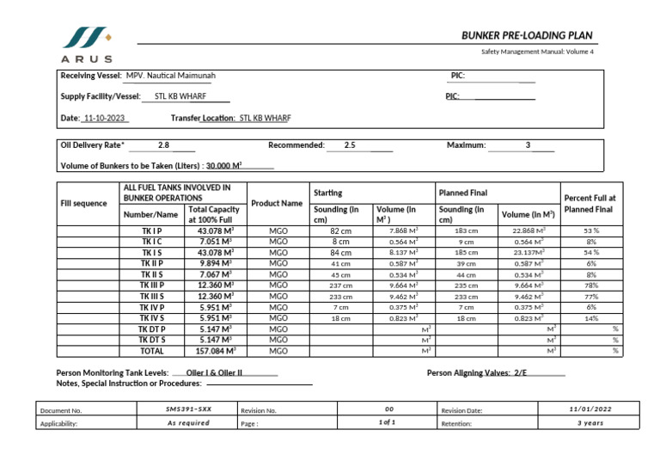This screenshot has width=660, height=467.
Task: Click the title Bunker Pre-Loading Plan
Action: (527, 35)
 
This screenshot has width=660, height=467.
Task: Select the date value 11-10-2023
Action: (105, 118)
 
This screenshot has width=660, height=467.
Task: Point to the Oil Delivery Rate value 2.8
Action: (163, 145)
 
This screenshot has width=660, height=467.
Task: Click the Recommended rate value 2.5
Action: (350, 145)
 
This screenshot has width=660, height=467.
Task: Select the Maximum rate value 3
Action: (528, 145)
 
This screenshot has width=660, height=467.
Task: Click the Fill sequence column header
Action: (83, 204)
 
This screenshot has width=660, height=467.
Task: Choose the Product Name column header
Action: (277, 204)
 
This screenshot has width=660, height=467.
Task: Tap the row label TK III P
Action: (152, 285)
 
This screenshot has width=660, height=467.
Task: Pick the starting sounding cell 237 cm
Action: (340, 286)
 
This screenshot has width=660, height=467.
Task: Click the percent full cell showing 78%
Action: (591, 285)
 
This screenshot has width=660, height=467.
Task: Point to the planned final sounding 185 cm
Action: (466, 253)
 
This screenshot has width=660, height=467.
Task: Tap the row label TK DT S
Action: (152, 340)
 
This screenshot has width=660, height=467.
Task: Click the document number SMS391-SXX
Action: (188, 410)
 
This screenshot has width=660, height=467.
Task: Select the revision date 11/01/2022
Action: (591, 409)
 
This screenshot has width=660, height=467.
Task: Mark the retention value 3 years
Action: (591, 423)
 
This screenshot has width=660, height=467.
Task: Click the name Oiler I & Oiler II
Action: (215, 373)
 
